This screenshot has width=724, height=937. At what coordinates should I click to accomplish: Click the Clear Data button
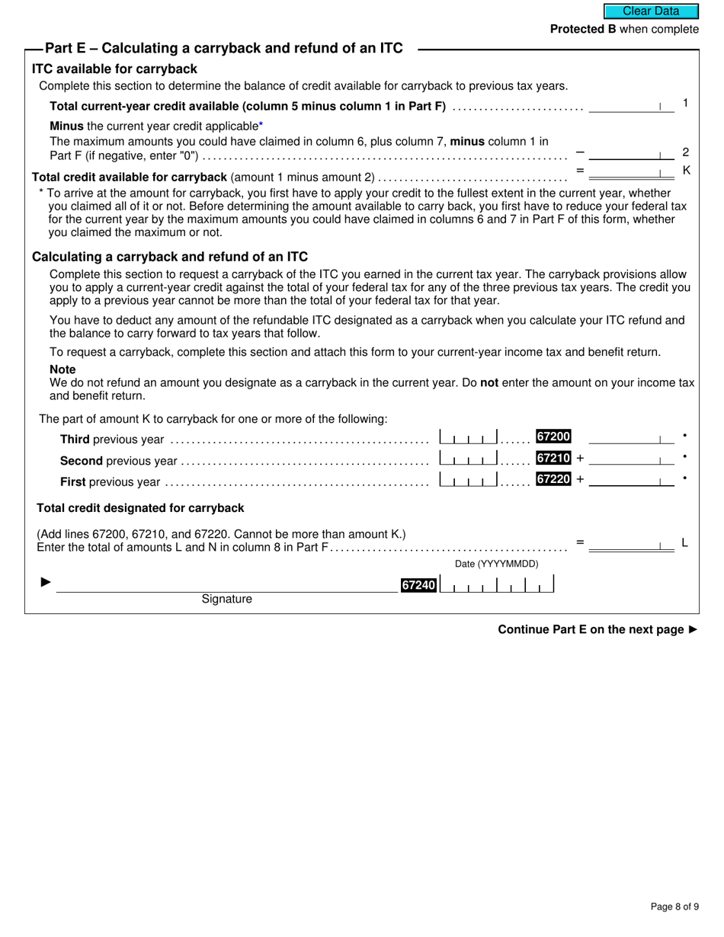click(651, 11)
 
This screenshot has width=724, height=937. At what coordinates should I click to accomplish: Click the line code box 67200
click(553, 437)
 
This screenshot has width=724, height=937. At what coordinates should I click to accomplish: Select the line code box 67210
click(553, 458)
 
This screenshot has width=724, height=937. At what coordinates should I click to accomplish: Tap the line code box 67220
click(553, 479)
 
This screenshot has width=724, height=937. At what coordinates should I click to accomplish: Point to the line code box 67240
click(419, 585)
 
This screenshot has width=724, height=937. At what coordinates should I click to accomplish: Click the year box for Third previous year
click(469, 437)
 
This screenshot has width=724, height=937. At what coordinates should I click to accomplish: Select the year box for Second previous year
click(469, 459)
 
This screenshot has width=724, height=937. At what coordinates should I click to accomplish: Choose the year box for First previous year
click(469, 480)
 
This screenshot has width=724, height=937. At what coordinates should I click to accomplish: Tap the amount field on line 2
click(631, 152)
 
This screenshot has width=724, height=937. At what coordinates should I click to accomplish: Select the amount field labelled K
click(631, 172)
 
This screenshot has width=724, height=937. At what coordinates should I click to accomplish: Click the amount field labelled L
click(631, 544)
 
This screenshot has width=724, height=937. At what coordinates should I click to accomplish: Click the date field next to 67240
click(497, 585)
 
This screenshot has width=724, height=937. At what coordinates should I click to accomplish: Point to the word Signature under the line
click(226, 600)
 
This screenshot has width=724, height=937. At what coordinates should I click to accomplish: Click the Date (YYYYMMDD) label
click(496, 564)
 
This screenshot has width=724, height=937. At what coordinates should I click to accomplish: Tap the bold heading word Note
click(62, 369)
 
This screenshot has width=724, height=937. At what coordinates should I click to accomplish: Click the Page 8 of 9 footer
click(674, 907)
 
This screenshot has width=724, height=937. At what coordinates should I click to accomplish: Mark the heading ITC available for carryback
click(114, 69)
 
